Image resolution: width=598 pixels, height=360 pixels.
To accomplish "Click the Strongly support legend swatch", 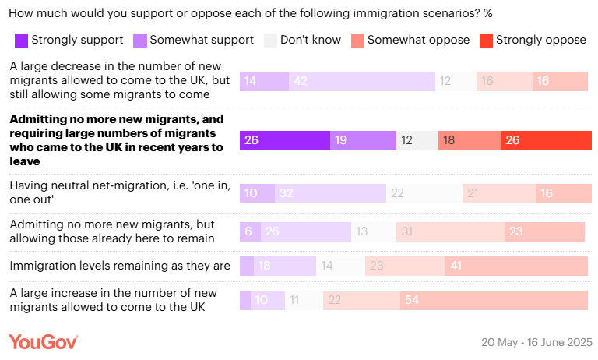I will pyautogui.click(x=21, y=40).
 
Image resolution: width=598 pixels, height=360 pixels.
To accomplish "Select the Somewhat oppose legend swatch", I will pyautogui.click(x=357, y=40).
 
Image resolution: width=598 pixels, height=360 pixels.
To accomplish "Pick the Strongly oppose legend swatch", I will pyautogui.click(x=485, y=40).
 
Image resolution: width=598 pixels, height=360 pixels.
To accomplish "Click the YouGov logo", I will pyautogui.click(x=43, y=341).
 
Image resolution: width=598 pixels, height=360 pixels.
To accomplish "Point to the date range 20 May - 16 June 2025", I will pyautogui.click(x=537, y=342).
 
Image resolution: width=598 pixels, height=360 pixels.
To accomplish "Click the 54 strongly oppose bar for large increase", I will pyautogui.click(x=494, y=301).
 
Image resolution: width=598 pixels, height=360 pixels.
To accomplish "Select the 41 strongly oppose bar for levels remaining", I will pyautogui.click(x=516, y=266).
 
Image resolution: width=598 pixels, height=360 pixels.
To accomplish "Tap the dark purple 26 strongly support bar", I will pyautogui.click(x=284, y=140).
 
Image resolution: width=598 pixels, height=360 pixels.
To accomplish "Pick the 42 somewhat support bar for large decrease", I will pyautogui.click(x=361, y=81).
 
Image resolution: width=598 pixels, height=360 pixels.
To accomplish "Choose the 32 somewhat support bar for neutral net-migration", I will pyautogui.click(x=329, y=194).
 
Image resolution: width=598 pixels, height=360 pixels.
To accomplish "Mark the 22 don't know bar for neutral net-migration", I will pyautogui.click(x=424, y=194).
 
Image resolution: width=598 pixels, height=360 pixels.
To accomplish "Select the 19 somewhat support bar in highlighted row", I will pyautogui.click(x=363, y=140).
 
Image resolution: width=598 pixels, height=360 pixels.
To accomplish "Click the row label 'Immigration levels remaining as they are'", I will pyautogui.click(x=120, y=266).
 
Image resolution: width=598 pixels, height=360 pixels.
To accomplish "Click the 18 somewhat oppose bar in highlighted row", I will pyautogui.click(x=469, y=140).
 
